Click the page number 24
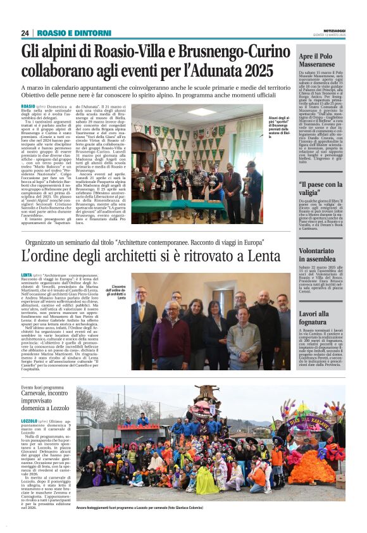coord(25,33)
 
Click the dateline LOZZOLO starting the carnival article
coord(29,421)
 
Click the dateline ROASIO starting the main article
coord(28,106)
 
